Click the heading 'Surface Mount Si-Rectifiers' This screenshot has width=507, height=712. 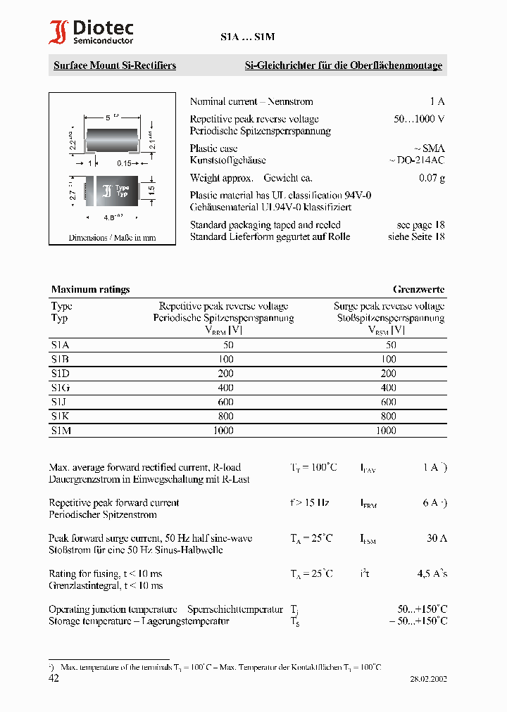(115, 65)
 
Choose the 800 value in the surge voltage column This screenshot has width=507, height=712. (388, 416)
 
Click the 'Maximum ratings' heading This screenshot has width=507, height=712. (90, 289)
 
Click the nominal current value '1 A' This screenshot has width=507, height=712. (437, 101)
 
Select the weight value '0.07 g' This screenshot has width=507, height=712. (432, 178)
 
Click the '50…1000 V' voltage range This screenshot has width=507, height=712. (419, 119)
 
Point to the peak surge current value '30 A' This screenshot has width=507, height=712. (437, 538)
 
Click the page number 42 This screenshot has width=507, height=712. (54, 678)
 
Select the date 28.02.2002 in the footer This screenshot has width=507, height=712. (428, 680)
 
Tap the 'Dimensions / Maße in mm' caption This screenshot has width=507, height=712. (112, 238)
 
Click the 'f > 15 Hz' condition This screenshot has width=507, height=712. (310, 503)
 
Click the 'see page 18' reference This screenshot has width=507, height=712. (420, 225)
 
